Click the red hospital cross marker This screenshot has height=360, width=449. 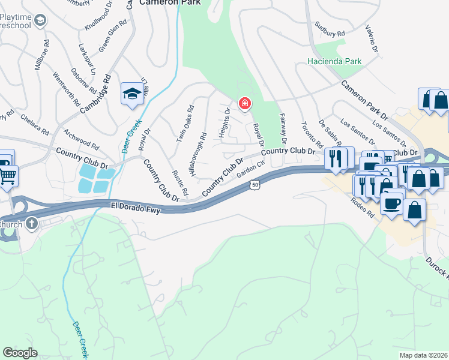tap(244, 104)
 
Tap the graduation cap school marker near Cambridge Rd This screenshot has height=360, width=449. tap(131, 94)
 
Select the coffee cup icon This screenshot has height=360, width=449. tap(392, 202)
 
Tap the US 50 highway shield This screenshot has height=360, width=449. tap(255, 187)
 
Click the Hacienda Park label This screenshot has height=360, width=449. tap(334, 61)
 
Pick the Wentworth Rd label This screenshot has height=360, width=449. tap(67, 91)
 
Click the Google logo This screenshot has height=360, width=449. tap(20, 353)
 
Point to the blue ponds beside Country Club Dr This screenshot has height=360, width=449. tap(95, 179)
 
